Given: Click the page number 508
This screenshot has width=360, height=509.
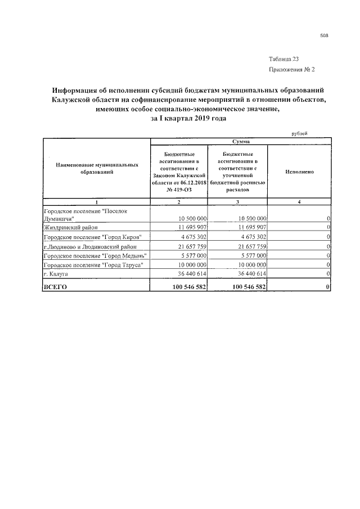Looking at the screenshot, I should pyautogui.click(x=324, y=35).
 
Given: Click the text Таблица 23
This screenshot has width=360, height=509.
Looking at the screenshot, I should pyautogui.click(x=288, y=59).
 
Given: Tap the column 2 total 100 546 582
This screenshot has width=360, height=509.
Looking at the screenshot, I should pyautogui.click(x=186, y=287).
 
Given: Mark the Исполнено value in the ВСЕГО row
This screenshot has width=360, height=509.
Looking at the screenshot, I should pyautogui.click(x=327, y=287).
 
